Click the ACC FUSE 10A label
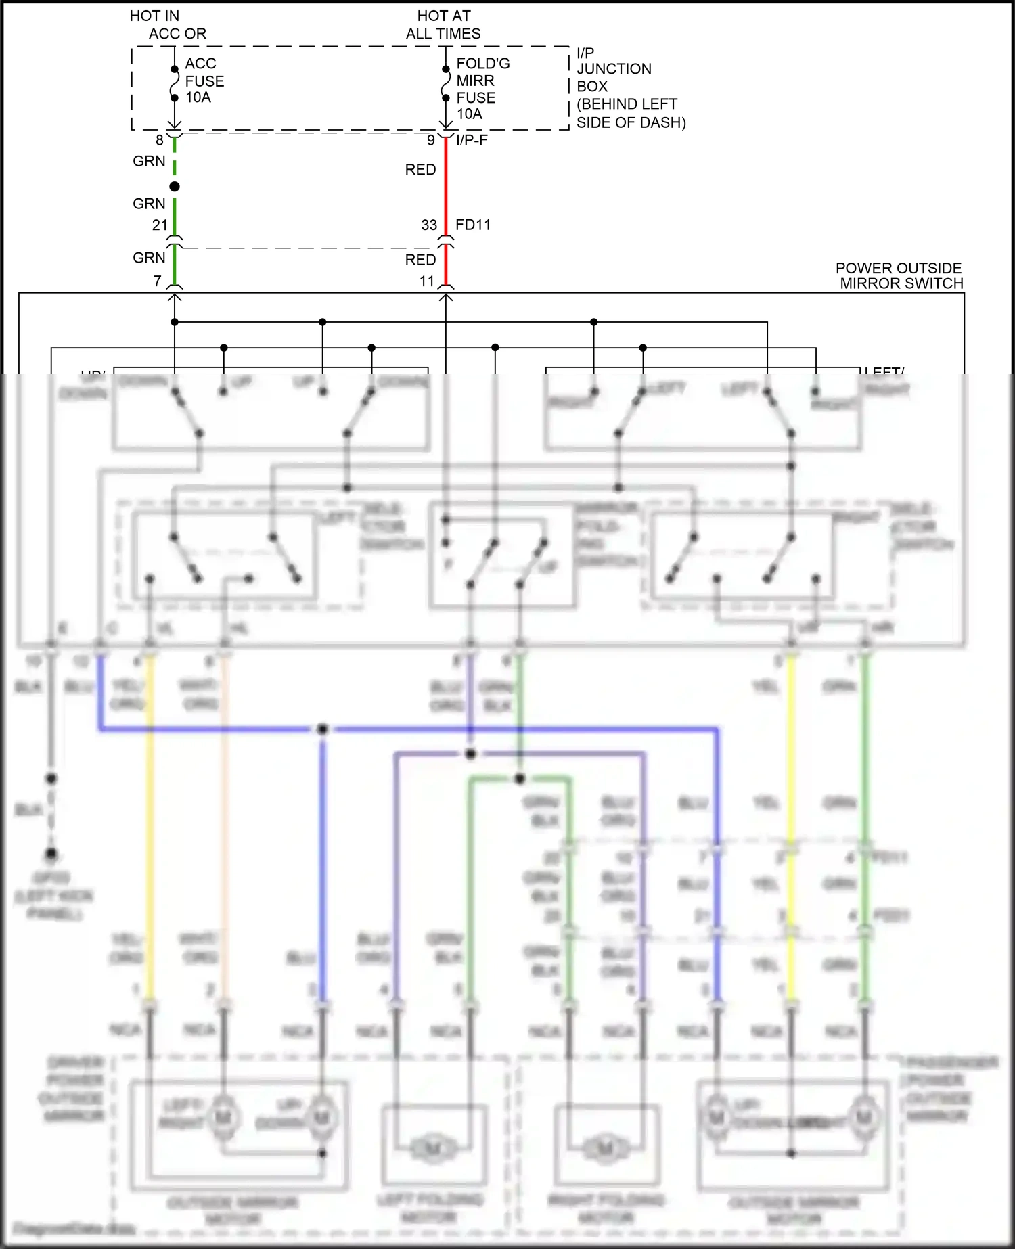point(204,81)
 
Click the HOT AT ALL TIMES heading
point(443,24)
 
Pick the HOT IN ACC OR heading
point(168,24)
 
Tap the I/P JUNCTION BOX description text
point(630,87)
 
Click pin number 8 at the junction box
point(160,140)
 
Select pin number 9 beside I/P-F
point(431,140)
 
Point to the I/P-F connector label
point(472,140)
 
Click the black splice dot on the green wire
point(175,186)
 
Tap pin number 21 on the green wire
point(160,225)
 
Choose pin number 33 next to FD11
point(430,225)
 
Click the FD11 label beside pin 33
point(473,225)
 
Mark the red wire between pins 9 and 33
point(446,183)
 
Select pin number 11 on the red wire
point(427,281)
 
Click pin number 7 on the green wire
point(158,280)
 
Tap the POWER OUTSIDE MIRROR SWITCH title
point(899,276)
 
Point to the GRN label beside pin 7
point(149,258)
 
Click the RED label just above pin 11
point(420,260)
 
